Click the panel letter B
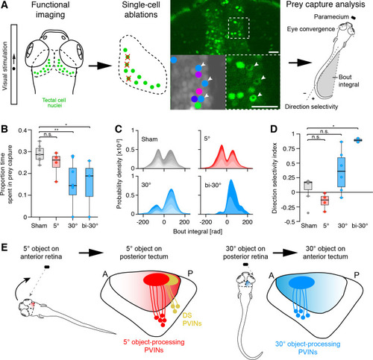[x=4, y=129]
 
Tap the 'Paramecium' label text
[x=331, y=17]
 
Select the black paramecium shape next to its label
[x=354, y=17]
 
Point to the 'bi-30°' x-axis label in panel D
[x=360, y=226]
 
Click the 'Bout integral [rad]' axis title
[x=198, y=232]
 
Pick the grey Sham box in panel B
[x=40, y=154]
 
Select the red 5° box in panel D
[x=325, y=200]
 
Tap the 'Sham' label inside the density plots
[x=149, y=139]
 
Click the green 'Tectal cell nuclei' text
[x=54, y=103]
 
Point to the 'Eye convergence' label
[x=311, y=29]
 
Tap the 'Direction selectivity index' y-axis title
[x=275, y=178]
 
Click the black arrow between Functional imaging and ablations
[x=100, y=66]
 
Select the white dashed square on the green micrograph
[x=239, y=28]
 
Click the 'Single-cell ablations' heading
[x=141, y=10]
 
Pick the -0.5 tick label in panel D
[x=289, y=221]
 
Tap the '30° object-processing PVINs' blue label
[x=307, y=348]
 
